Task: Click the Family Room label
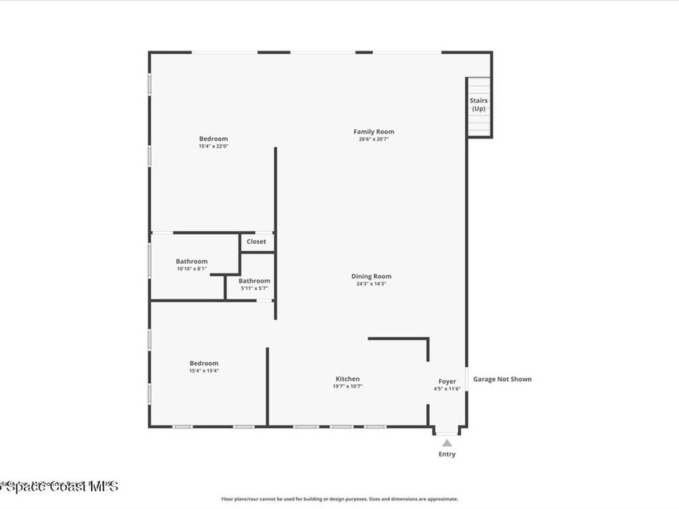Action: [x=373, y=132]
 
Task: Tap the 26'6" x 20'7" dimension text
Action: [x=373, y=139]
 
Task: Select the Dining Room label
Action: [x=371, y=276]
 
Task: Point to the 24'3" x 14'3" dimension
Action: [x=371, y=284]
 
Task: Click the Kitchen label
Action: [x=347, y=379]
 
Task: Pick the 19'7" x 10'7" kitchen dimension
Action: [x=348, y=386]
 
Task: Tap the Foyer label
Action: [x=447, y=382]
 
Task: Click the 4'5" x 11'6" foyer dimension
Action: [x=447, y=389]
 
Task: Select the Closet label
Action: [x=256, y=242]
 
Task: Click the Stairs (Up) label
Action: [x=479, y=104]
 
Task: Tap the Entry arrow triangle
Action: [x=447, y=443]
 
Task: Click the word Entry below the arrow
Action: [x=447, y=454]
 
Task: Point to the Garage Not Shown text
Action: [x=502, y=379]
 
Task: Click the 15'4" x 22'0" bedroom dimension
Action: [x=213, y=146]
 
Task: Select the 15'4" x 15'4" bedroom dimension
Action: [x=204, y=370]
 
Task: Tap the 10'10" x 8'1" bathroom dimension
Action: [x=192, y=268]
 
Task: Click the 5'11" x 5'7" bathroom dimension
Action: [x=255, y=288]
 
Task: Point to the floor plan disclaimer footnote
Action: [x=339, y=499]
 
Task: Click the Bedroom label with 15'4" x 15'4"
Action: [x=204, y=363]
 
